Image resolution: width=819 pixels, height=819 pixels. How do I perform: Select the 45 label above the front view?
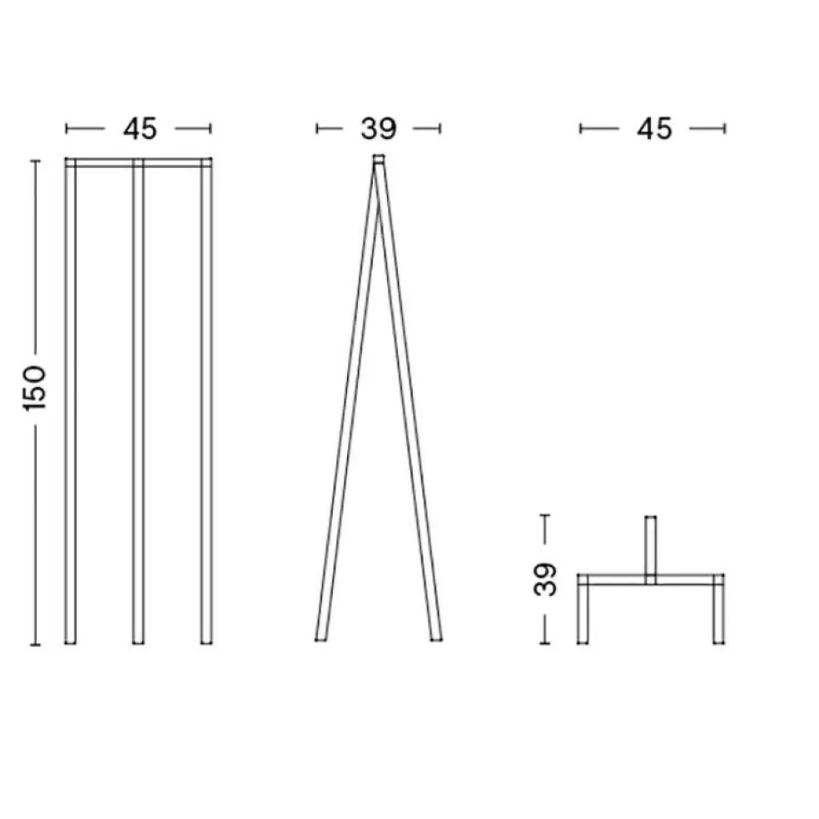point(139,129)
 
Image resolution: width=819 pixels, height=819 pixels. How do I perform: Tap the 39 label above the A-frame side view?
point(379,129)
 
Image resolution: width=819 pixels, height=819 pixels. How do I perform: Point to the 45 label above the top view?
point(653,129)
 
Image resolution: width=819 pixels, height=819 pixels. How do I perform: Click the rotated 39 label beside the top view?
point(546,579)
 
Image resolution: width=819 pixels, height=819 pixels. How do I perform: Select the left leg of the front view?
point(71,400)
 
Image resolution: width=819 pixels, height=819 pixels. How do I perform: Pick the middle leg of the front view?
point(138,400)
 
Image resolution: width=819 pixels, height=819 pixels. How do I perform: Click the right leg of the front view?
point(206,400)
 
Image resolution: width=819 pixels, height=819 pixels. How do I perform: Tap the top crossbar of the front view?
point(138,162)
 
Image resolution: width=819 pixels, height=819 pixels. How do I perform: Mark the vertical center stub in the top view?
point(651,545)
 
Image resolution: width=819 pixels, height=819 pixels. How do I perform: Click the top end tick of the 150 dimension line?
point(35,161)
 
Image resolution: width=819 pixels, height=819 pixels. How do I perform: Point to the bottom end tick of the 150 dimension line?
point(35,644)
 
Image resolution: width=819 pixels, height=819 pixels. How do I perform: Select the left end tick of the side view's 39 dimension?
point(318,129)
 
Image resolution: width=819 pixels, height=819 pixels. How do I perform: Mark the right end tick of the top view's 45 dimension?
point(725,129)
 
